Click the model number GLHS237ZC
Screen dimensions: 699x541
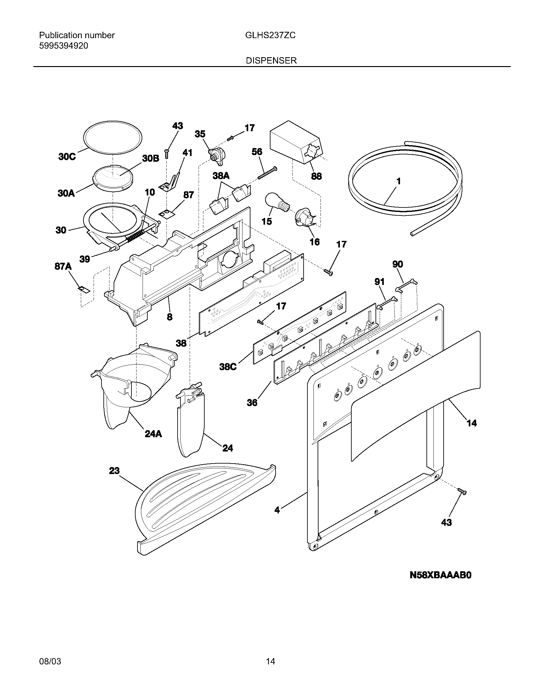[270, 35]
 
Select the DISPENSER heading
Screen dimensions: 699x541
[271, 60]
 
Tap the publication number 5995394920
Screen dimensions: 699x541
[63, 46]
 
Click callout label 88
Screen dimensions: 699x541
[316, 176]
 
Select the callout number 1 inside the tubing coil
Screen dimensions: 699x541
[398, 181]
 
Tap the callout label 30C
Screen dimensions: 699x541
[67, 157]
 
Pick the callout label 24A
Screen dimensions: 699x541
[153, 434]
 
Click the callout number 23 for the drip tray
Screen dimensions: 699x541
[114, 471]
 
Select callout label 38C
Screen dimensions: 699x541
[228, 367]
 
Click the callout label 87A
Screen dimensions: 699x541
[63, 266]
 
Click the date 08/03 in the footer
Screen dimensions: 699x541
[50, 661]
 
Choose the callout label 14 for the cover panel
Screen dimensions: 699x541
[471, 423]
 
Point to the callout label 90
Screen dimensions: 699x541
[397, 264]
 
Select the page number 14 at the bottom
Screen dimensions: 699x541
[270, 661]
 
